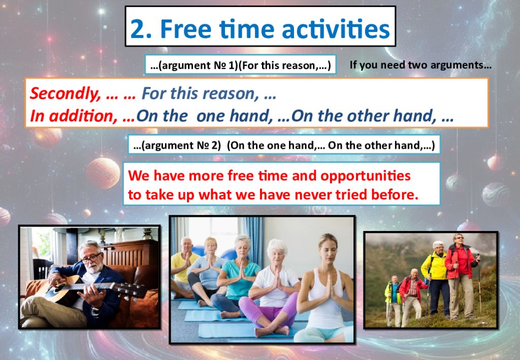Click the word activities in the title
coord(336,28)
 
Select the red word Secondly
coord(66,94)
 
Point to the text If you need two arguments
coord(420,65)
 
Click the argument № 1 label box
coord(240,64)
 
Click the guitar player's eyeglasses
coord(91,257)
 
